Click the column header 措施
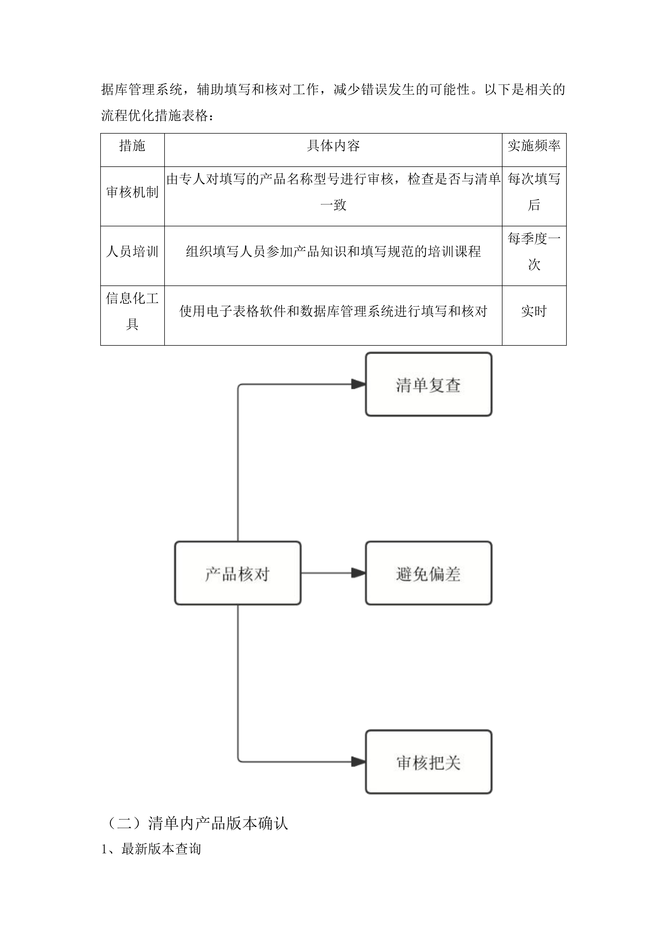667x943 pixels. (x=132, y=146)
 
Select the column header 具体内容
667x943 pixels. (x=333, y=146)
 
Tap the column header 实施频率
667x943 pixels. (x=534, y=146)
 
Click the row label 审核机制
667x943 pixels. (x=132, y=192)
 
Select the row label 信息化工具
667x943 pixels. (x=132, y=311)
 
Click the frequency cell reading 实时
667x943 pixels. (x=534, y=311)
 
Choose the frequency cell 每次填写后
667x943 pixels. (x=534, y=192)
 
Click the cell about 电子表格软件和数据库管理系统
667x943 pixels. (x=333, y=311)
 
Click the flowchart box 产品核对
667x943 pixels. (x=237, y=573)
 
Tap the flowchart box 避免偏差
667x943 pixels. (x=428, y=573)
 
